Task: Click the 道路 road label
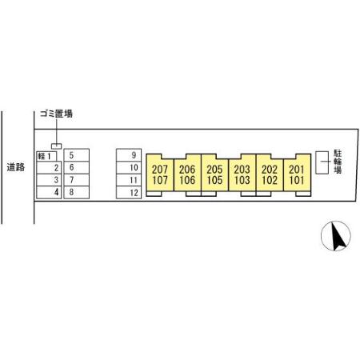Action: tap(16, 167)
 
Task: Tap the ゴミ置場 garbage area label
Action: tap(56, 114)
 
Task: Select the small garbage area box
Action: tap(57, 146)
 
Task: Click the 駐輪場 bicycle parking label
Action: tap(338, 162)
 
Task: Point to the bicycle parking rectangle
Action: tap(322, 162)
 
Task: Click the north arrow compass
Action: tap(336, 236)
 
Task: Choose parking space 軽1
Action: tap(46, 156)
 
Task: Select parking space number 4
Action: tap(49, 192)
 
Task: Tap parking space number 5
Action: tap(77, 155)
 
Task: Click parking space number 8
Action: tap(77, 192)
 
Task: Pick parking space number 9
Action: tap(129, 155)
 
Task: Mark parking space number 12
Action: tap(129, 193)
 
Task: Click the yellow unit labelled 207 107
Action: tap(160, 173)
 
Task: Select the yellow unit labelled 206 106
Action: tap(187, 173)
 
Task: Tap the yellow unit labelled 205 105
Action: tap(214, 173)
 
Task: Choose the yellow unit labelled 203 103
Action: tap(242, 173)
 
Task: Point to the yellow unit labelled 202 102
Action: tap(270, 173)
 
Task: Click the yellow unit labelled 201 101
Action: tap(297, 173)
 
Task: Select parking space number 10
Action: tap(129, 167)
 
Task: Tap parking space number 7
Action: tap(77, 180)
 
